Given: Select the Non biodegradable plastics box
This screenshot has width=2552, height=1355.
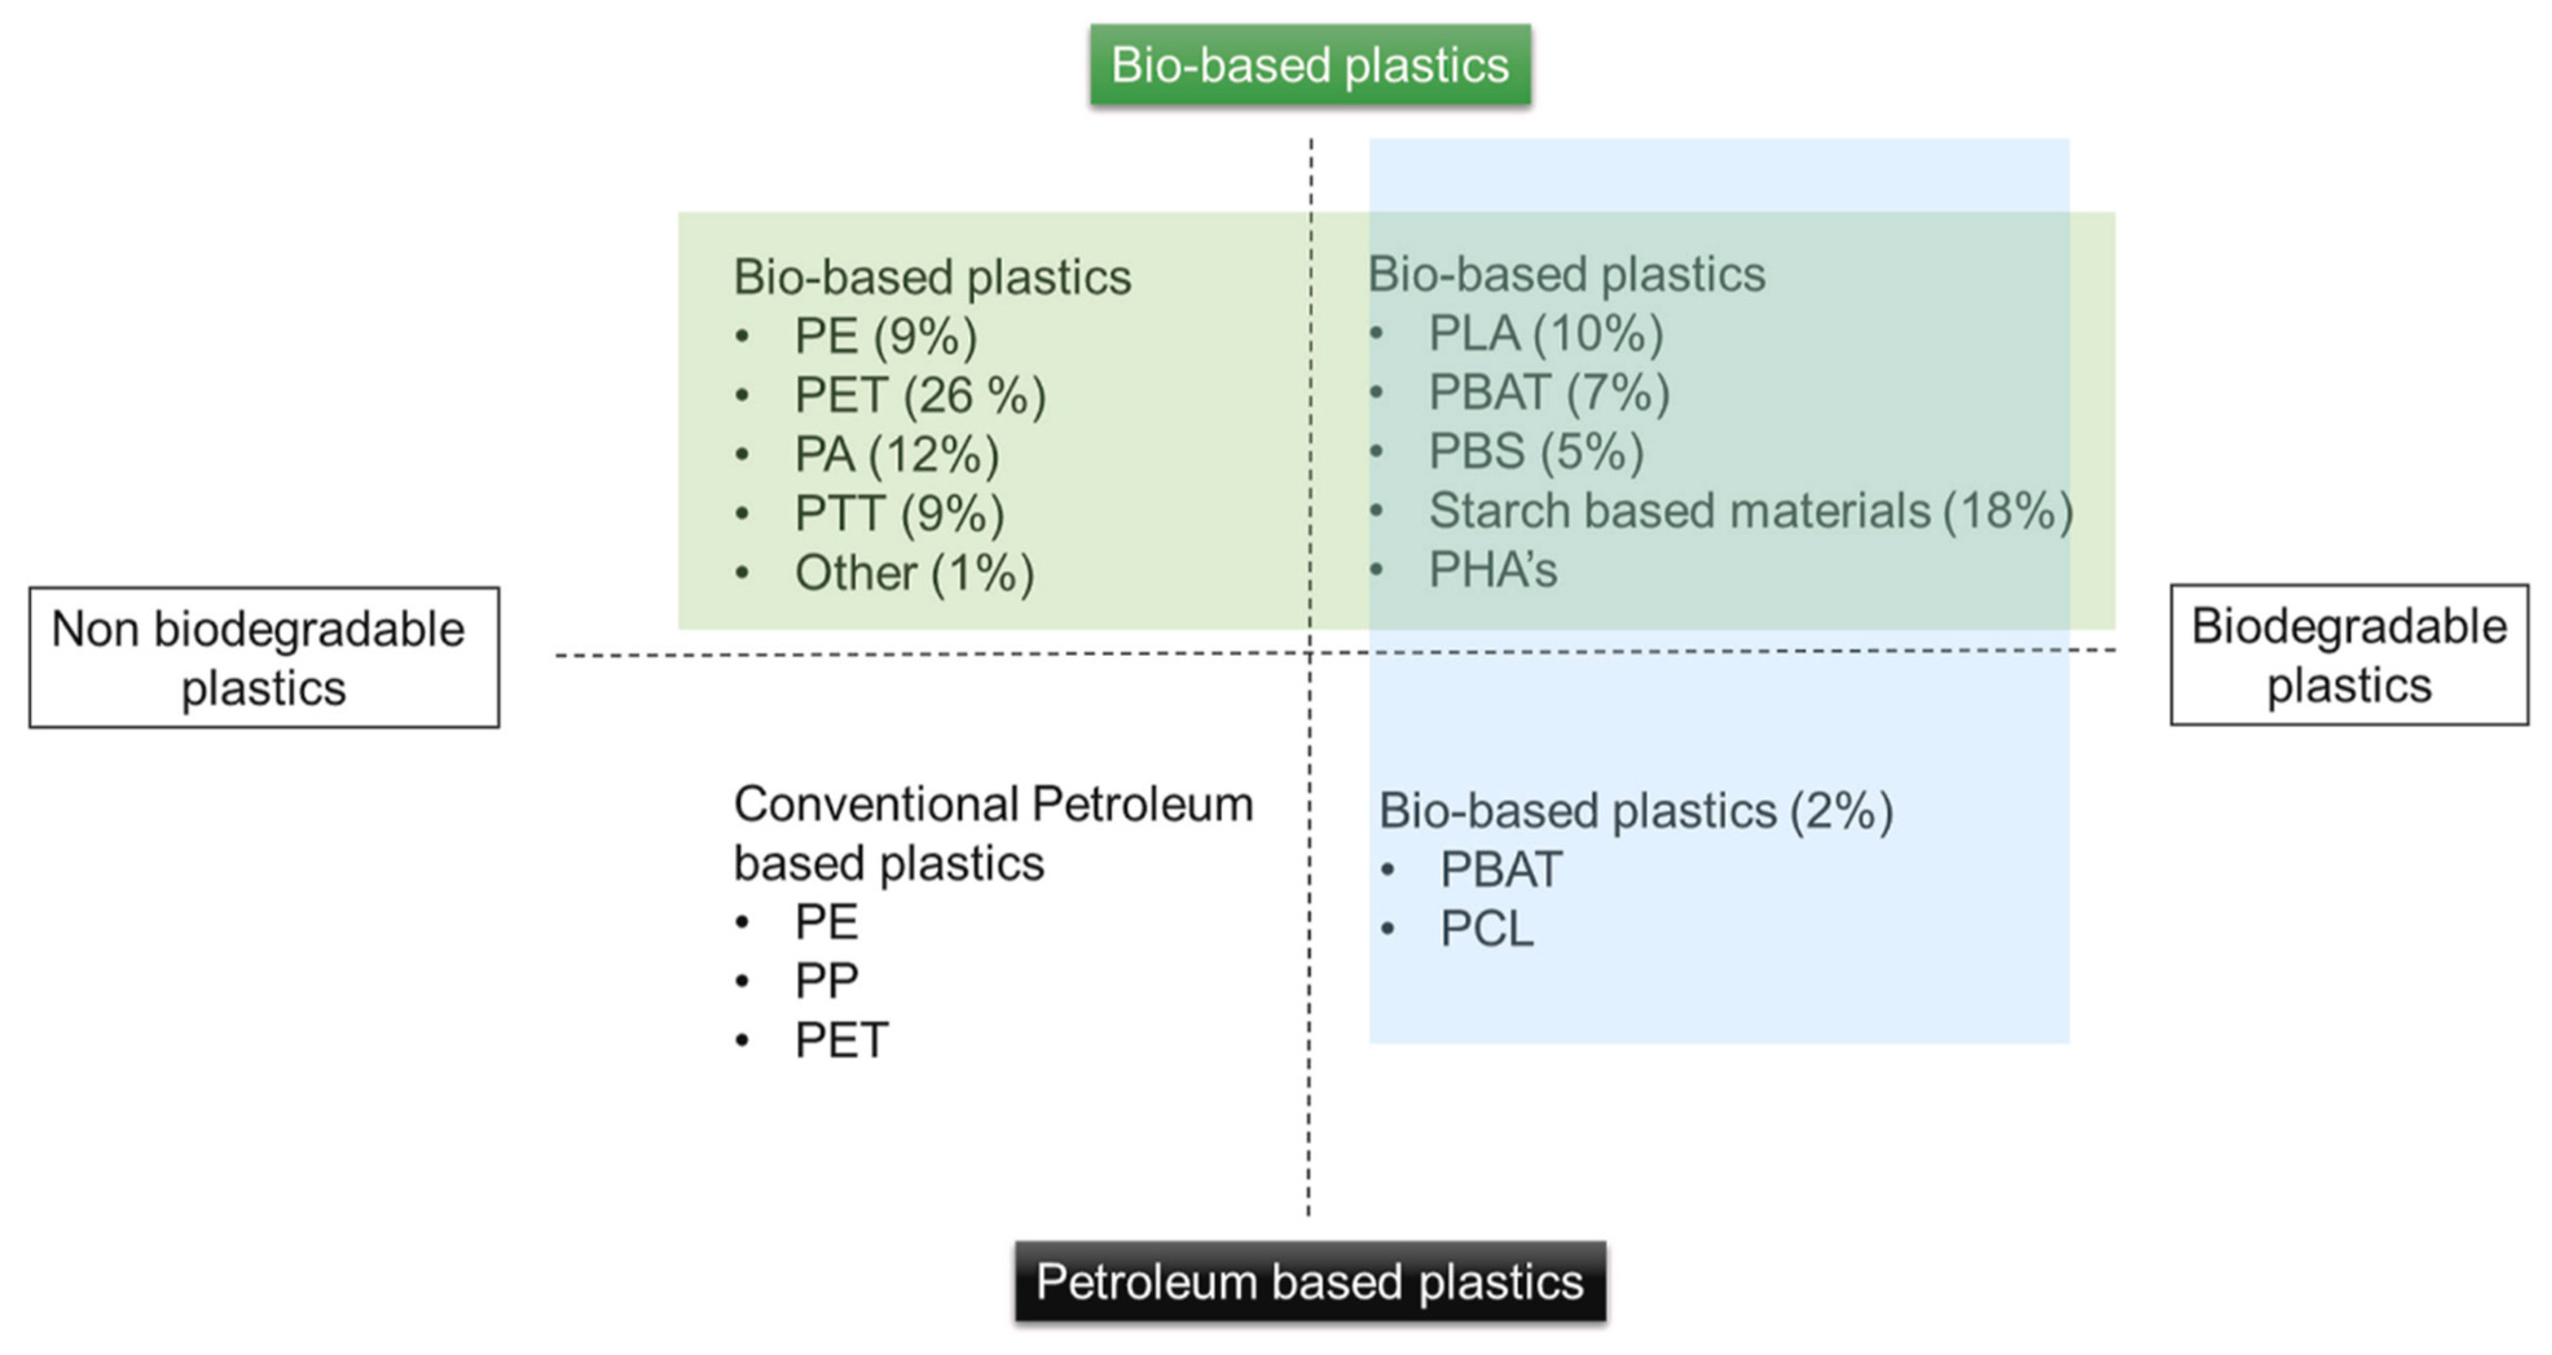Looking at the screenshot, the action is point(263,658).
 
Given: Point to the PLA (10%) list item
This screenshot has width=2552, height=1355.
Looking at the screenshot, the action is point(1545,334).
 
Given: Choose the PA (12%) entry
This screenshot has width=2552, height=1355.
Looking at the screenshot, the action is point(897,455).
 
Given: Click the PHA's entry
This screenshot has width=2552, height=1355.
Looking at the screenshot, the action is point(1493,570).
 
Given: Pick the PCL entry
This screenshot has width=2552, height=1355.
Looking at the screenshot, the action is point(1487,929).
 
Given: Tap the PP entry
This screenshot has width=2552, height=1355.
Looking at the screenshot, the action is point(826,981).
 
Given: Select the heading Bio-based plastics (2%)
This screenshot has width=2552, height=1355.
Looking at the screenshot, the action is point(1636,811).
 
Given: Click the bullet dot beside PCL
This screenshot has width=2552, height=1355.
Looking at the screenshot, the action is point(1388,929).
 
